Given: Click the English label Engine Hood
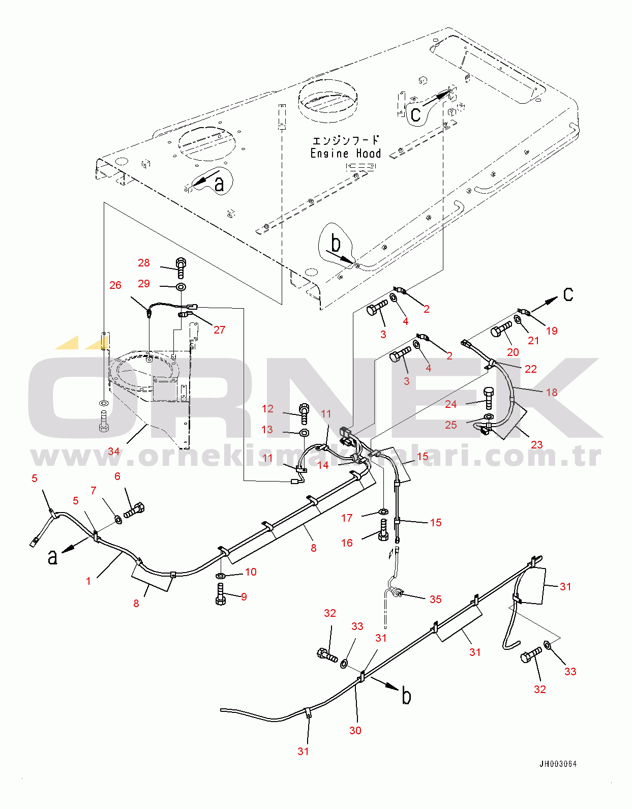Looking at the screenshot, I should (x=345, y=154).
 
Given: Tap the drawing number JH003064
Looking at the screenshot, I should (x=558, y=764).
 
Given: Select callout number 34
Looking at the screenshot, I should (x=113, y=452).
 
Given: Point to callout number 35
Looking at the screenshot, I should (x=435, y=599).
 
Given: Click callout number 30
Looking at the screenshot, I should (x=355, y=730).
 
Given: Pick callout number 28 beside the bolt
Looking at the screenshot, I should (x=144, y=263).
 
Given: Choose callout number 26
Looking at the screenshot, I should (x=115, y=285).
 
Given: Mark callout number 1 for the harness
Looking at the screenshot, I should (x=88, y=581).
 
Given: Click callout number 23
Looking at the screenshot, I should (x=536, y=444).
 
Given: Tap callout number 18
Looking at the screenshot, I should (x=551, y=392).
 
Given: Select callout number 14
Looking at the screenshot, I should (x=323, y=465).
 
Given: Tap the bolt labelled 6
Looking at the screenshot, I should (x=135, y=510).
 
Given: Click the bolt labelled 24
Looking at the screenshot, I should (x=489, y=398).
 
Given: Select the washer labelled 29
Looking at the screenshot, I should (x=180, y=287).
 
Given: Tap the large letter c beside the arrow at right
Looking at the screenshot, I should (x=568, y=294).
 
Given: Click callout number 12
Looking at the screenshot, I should (x=267, y=409).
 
